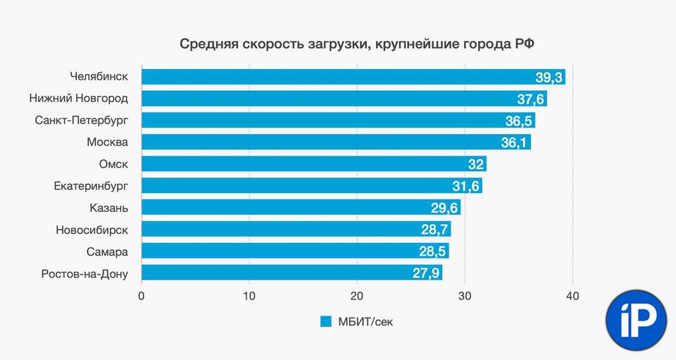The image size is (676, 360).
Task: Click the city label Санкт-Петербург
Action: (x=82, y=120)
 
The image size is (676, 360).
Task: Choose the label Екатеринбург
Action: (x=91, y=186)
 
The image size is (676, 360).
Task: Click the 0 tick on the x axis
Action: (x=142, y=297)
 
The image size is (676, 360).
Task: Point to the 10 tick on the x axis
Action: (x=249, y=297)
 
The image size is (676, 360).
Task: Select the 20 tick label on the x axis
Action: (x=357, y=297)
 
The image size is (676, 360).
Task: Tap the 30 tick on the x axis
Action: (x=465, y=297)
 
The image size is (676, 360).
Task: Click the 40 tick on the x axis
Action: (x=572, y=297)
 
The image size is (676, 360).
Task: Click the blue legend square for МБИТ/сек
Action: (x=325, y=322)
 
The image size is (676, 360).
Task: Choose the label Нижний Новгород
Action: (x=79, y=98)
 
